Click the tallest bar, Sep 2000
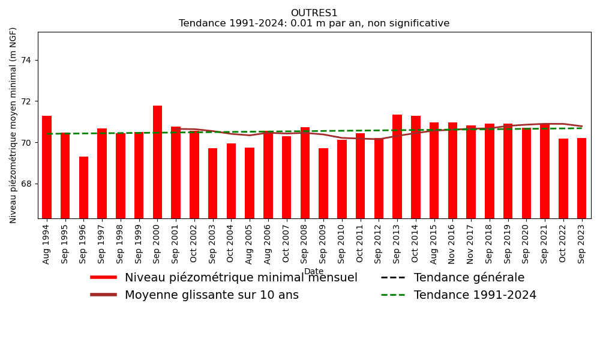(x=157, y=162)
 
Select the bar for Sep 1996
(x=83, y=187)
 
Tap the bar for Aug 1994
(x=47, y=167)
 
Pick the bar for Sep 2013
(x=397, y=166)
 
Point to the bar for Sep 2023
(x=581, y=178)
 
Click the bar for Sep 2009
(x=323, y=183)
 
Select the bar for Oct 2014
(x=416, y=167)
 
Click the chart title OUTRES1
(x=314, y=13)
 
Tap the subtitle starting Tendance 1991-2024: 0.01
(x=314, y=23)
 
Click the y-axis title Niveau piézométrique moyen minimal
(x=13, y=125)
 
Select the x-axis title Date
(x=314, y=271)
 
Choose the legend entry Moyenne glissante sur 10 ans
(x=211, y=295)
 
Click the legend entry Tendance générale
(x=469, y=278)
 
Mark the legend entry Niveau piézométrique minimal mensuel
(x=241, y=278)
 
